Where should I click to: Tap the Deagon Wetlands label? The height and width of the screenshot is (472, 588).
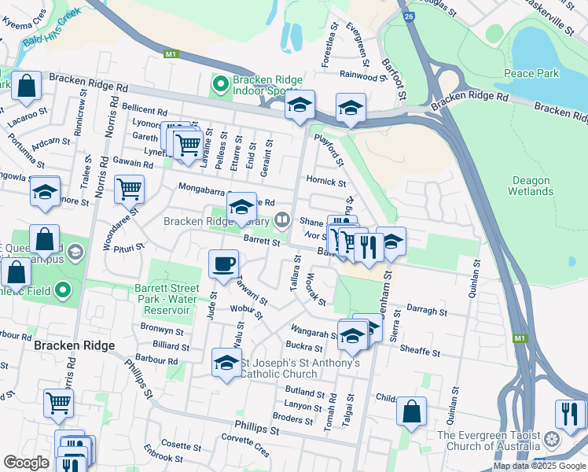[531, 186]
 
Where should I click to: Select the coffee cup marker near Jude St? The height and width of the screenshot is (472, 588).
[224, 264]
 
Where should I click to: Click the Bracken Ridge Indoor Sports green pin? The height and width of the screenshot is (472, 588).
[219, 81]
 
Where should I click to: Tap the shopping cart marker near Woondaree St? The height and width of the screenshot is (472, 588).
[129, 189]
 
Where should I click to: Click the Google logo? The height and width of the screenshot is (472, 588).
[26, 463]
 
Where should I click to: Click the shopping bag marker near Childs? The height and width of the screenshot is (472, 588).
[411, 411]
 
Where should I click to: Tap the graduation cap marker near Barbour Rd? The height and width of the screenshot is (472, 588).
[226, 363]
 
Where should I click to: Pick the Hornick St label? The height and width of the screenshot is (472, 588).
[325, 182]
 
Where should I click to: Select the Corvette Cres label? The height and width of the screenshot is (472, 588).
[245, 447]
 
